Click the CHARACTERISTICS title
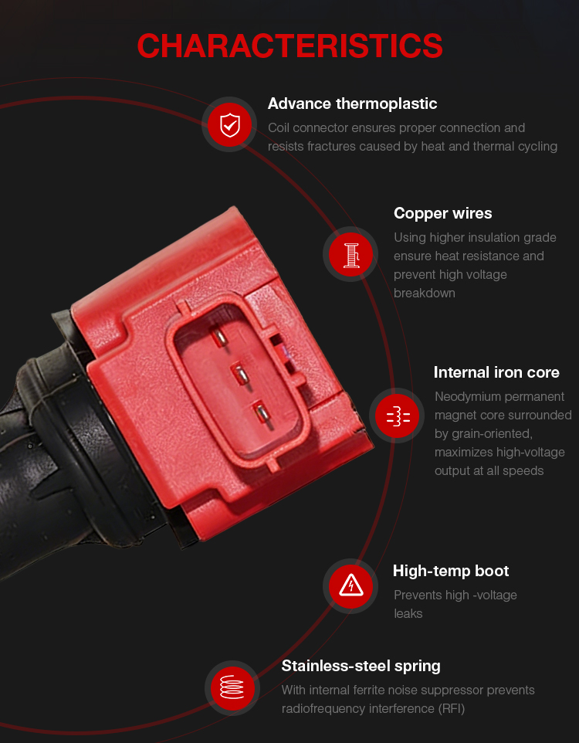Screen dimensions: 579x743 pos(289,46)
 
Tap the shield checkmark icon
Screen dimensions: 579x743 pos(230,124)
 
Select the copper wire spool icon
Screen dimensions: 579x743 pos(350,254)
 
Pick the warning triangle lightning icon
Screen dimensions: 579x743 pos(350,586)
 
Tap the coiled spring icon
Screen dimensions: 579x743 pos(232,687)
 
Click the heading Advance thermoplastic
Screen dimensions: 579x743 pos(352,103)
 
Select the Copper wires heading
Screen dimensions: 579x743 pos(442,214)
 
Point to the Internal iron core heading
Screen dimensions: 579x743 pos(496,372)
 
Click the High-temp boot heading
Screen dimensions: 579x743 pos(451,571)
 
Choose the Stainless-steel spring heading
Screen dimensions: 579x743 pos(361,667)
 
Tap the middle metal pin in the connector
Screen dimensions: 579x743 pos(241,376)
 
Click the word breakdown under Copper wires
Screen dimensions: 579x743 pos(424,293)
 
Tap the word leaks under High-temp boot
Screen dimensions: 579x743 pos(408,614)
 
